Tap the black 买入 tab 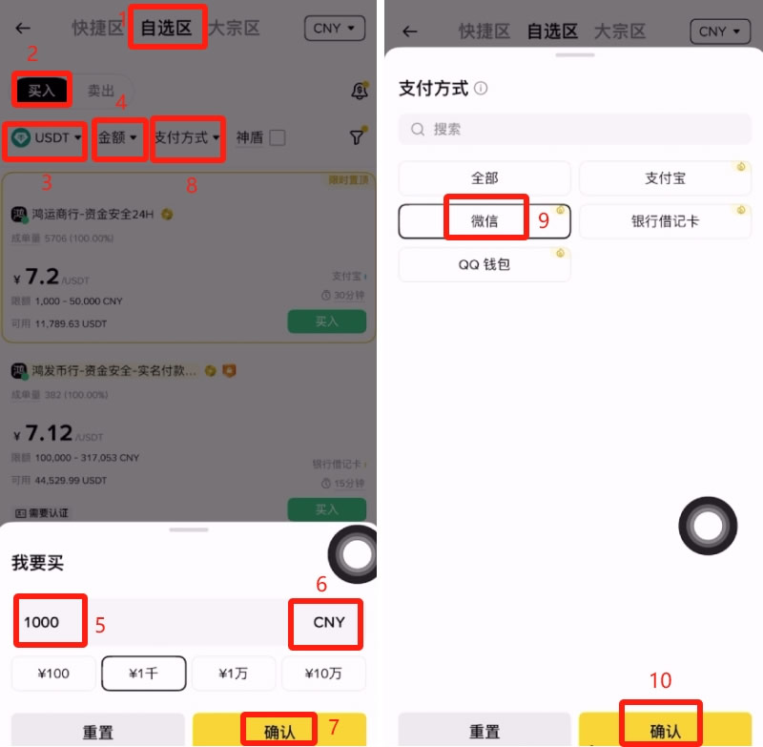(42, 91)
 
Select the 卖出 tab (101, 91)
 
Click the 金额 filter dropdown (118, 137)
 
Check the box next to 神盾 (278, 137)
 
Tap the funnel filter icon (356, 137)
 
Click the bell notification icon (360, 91)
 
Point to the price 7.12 (49, 433)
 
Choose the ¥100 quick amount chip (53, 674)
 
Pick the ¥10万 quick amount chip (323, 674)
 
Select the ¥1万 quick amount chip (234, 674)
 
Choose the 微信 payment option (485, 221)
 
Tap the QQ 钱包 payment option (485, 264)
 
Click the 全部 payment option (485, 178)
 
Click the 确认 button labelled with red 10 (665, 731)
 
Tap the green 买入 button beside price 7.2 (326, 322)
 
